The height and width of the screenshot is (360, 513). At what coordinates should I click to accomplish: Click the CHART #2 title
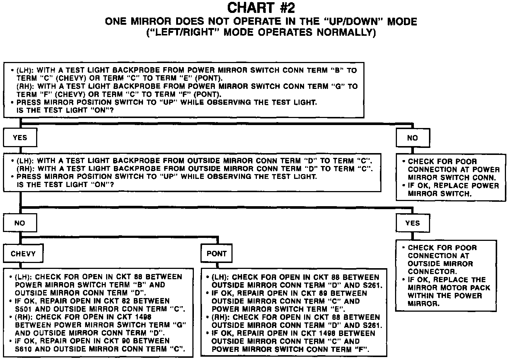click(x=261, y=8)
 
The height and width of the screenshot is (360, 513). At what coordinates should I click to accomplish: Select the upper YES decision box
click(x=20, y=138)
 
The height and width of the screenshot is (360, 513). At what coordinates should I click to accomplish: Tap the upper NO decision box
click(x=412, y=138)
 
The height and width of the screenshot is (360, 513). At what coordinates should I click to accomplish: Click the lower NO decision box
click(x=20, y=223)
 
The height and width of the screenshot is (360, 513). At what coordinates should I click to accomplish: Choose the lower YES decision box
click(x=412, y=223)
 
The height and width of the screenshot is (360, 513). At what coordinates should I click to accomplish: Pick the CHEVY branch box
click(x=23, y=254)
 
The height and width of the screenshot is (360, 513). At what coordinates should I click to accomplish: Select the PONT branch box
click(x=217, y=254)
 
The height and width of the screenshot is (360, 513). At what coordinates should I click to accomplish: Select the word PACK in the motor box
click(x=479, y=288)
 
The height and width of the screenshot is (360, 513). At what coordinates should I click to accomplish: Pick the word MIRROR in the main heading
click(x=152, y=21)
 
